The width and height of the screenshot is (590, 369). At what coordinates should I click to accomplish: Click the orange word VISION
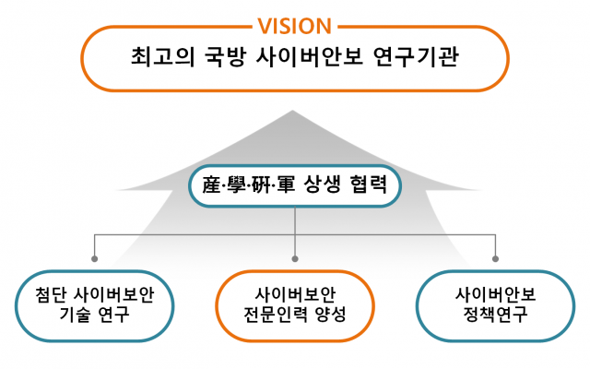point(295,27)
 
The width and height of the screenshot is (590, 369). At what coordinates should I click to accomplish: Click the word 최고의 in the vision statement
point(163,57)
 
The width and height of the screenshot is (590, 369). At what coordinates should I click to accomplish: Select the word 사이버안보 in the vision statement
point(310,57)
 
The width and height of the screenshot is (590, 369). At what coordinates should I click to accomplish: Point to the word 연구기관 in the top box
point(416,57)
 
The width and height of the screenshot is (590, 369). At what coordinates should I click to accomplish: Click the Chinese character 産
point(211,184)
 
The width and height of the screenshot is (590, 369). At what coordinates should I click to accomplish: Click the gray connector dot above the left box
point(94,258)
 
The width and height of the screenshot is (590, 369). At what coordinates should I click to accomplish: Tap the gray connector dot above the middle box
point(295,258)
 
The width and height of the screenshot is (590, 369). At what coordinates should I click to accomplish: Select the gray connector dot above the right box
point(496,258)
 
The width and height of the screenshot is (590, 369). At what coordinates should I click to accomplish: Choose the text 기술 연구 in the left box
point(94,314)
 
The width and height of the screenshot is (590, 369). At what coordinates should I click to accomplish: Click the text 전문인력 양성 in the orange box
point(295,314)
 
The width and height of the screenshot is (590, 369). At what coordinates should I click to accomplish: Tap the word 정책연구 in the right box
point(495,314)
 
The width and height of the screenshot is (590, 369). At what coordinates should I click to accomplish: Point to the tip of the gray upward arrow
point(292,111)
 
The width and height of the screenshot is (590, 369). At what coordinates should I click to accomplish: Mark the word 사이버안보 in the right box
point(496,295)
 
